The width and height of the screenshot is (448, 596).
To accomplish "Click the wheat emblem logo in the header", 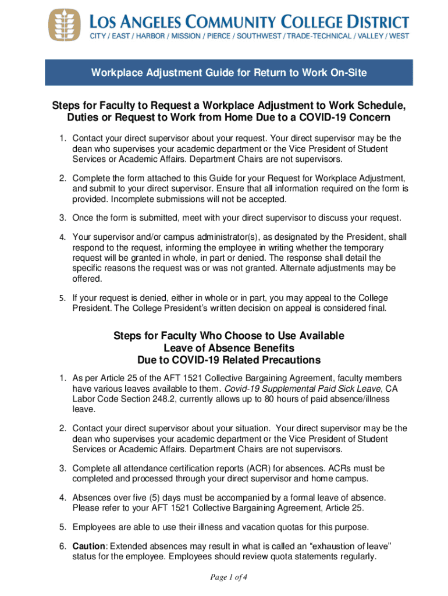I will (64, 24).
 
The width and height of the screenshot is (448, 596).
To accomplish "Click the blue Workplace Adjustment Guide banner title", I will (228, 73).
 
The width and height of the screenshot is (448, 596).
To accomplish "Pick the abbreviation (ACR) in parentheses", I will (243, 468).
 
